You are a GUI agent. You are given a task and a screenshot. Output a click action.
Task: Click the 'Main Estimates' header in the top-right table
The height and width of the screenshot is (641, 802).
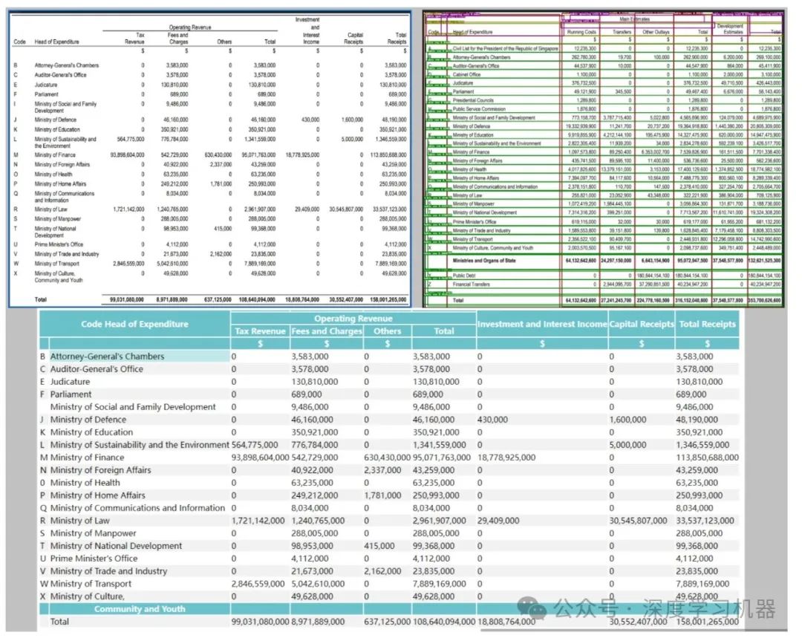[640, 19]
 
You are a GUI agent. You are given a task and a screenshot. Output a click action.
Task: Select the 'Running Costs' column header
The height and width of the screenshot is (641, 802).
[581, 33]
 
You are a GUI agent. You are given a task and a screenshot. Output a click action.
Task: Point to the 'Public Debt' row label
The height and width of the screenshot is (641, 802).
[466, 276]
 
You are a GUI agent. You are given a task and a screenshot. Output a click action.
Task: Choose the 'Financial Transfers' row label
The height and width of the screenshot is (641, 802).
[473, 284]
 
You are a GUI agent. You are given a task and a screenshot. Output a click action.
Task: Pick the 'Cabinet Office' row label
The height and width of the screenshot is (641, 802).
[466, 75]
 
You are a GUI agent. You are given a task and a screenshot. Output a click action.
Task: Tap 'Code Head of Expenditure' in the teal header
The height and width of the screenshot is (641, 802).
[134, 324]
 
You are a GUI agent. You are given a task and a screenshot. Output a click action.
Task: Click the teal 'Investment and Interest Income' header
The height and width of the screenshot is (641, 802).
[541, 324]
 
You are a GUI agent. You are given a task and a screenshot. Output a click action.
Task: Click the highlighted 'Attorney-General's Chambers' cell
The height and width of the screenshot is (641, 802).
[107, 357]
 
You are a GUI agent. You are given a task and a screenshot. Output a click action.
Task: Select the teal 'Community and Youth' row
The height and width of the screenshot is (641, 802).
[140, 609]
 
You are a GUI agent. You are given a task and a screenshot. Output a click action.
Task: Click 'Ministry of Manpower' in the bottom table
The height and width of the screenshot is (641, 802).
[94, 533]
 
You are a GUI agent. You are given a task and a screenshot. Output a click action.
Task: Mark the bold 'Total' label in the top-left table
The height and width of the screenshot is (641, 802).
[40, 300]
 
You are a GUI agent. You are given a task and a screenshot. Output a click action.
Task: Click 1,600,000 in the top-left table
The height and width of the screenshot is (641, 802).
[352, 120]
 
